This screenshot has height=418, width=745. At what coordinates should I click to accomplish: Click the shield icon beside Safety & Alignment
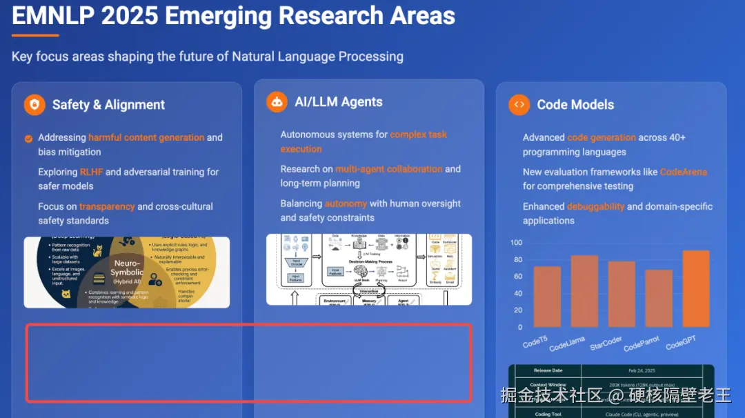(34, 105)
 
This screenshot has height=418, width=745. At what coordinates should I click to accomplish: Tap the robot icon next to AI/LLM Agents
(277, 102)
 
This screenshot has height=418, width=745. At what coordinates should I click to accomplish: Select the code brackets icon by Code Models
(519, 105)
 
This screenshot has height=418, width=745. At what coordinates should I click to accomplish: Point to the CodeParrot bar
(659, 298)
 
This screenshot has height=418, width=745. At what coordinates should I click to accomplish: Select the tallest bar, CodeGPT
(696, 288)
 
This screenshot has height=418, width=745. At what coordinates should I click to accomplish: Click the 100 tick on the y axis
(516, 243)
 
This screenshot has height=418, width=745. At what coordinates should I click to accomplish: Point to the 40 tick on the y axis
(518, 293)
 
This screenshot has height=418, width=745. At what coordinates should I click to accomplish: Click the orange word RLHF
(91, 172)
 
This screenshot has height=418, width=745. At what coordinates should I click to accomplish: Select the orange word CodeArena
(683, 172)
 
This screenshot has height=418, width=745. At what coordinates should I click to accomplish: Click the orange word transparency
(107, 206)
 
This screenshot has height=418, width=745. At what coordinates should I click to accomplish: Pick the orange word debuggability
(595, 206)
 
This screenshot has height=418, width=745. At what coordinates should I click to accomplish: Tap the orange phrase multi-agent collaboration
(388, 169)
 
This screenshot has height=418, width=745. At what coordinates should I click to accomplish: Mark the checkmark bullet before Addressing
(28, 138)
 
